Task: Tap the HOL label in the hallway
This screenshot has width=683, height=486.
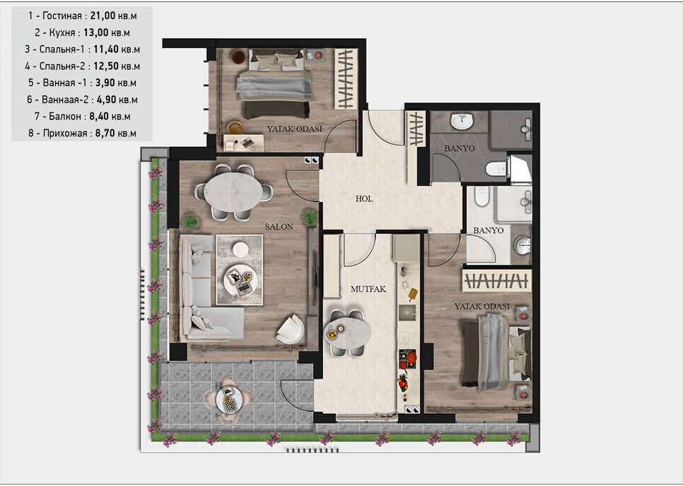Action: [363, 199]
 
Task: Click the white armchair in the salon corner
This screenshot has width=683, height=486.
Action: [291, 329]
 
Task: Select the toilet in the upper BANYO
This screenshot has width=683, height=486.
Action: [496, 168]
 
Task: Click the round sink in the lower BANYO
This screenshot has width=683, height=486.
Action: [522, 245]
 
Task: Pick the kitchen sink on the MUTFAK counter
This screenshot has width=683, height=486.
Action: [408, 312]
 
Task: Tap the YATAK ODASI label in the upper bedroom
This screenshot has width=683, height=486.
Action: [294, 129]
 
